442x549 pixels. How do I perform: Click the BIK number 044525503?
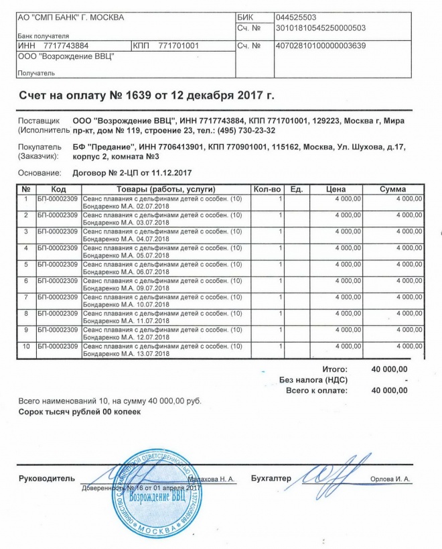[295, 17]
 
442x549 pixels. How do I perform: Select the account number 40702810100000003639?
[321, 46]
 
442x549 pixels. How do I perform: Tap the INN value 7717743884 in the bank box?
[66, 46]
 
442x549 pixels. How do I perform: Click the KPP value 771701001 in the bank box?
[179, 46]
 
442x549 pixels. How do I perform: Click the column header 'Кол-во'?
[267, 190]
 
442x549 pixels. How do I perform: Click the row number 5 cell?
[25, 264]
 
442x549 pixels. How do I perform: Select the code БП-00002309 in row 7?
[58, 296]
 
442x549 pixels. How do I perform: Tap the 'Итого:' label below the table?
[335, 369]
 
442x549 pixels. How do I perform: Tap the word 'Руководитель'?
[46, 479]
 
